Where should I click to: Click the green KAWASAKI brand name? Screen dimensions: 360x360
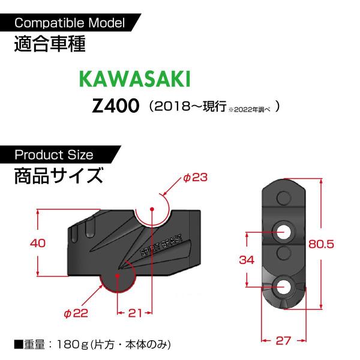coord(135,79)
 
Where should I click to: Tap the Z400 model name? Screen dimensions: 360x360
coord(115,106)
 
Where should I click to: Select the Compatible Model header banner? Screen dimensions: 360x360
coord(70,23)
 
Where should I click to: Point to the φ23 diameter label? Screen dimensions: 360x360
coord(196,177)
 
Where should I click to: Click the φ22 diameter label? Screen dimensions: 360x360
coord(76,313)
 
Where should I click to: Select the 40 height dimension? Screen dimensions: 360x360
coord(38,243)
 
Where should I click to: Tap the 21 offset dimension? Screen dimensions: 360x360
coord(135,313)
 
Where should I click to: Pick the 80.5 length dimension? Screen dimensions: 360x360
coord(321,244)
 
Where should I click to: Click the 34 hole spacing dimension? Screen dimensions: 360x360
coord(247,260)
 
